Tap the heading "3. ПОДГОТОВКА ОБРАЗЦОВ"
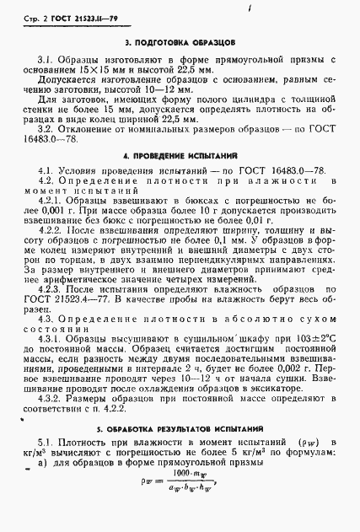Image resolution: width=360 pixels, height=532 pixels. [180, 41]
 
